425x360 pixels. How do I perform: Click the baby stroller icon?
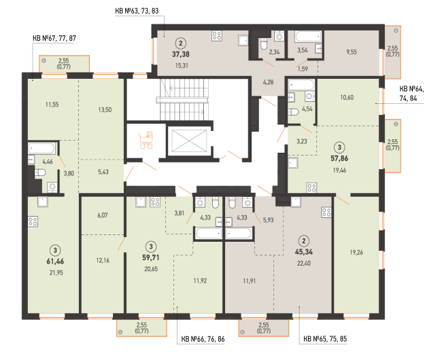[x=146, y=140]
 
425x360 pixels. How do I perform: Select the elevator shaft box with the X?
[x=189, y=140]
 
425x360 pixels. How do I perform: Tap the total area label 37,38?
[x=181, y=54]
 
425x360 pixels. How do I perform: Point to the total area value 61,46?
[x=55, y=262]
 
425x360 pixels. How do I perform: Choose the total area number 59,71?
[x=151, y=257]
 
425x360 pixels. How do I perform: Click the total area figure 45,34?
[x=304, y=252]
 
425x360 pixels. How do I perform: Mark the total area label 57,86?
[x=339, y=158]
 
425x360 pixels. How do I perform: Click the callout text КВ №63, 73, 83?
[x=137, y=11]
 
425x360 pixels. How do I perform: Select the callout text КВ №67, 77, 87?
[x=54, y=38]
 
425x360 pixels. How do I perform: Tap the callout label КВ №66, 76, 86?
[x=203, y=339]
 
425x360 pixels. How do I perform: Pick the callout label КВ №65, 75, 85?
[x=325, y=339]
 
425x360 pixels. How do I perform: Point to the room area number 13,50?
[x=105, y=109]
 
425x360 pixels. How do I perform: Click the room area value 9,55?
[x=352, y=52]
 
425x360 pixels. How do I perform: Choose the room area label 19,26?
[x=356, y=252]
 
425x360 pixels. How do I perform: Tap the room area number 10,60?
[x=347, y=97]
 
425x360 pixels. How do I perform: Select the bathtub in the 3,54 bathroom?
[x=308, y=37]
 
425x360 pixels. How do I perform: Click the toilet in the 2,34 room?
[x=264, y=44]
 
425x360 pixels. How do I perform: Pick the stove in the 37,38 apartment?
[x=217, y=36]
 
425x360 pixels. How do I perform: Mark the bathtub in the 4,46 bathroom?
[x=41, y=148]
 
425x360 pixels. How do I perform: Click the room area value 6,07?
[x=103, y=215]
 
